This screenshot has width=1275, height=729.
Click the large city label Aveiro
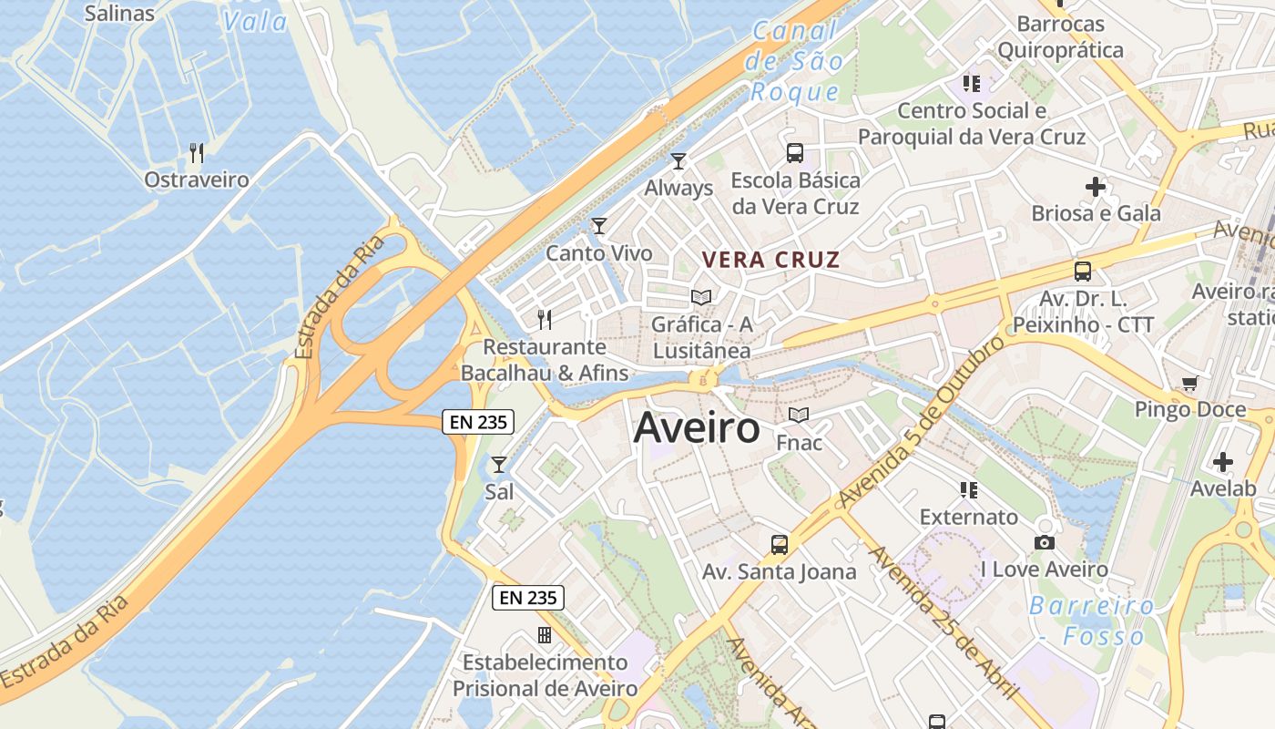click(x=697, y=427)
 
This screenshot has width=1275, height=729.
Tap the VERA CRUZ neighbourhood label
click(x=770, y=260)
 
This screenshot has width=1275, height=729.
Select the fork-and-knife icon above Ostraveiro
click(x=197, y=152)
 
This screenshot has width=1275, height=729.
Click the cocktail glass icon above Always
click(x=678, y=161)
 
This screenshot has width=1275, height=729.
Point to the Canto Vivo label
click(x=599, y=253)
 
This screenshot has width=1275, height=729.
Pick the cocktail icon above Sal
click(x=499, y=465)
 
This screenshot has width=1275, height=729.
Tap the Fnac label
click(x=799, y=443)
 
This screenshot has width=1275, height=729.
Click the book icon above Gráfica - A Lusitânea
click(x=701, y=297)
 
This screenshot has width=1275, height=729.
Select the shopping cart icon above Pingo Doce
click(x=1189, y=383)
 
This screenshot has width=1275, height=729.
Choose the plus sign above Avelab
click(x=1223, y=462)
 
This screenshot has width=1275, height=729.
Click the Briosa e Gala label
click(x=1096, y=214)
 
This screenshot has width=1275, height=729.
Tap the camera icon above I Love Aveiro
click(x=1045, y=543)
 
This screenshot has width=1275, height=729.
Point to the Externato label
click(x=969, y=518)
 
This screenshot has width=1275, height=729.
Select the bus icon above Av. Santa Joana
click(x=780, y=545)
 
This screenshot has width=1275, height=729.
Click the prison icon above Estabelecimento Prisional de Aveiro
click(x=545, y=635)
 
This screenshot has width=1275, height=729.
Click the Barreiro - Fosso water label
click(x=1092, y=621)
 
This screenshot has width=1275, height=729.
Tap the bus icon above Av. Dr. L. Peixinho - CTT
click(x=1083, y=271)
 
